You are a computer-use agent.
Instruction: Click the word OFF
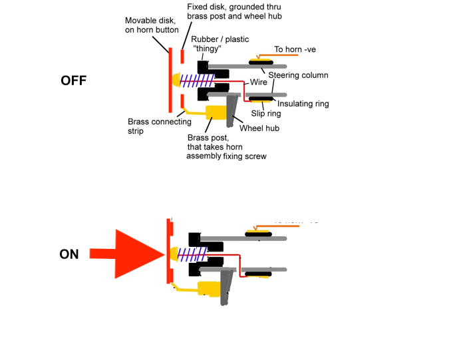pos(73,81)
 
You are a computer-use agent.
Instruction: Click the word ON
pos(69,254)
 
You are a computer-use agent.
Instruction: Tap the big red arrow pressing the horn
pos(130,254)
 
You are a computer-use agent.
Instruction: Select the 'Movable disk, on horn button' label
pos(149,25)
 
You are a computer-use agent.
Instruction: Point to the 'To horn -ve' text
pos(299,49)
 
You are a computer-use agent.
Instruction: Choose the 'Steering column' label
pos(298,75)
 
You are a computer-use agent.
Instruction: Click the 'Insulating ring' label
pos(303,104)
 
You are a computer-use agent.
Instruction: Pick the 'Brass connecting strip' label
pos(160,126)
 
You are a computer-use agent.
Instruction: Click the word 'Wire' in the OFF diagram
pos(259,83)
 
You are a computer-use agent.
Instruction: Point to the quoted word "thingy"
pos(208,48)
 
